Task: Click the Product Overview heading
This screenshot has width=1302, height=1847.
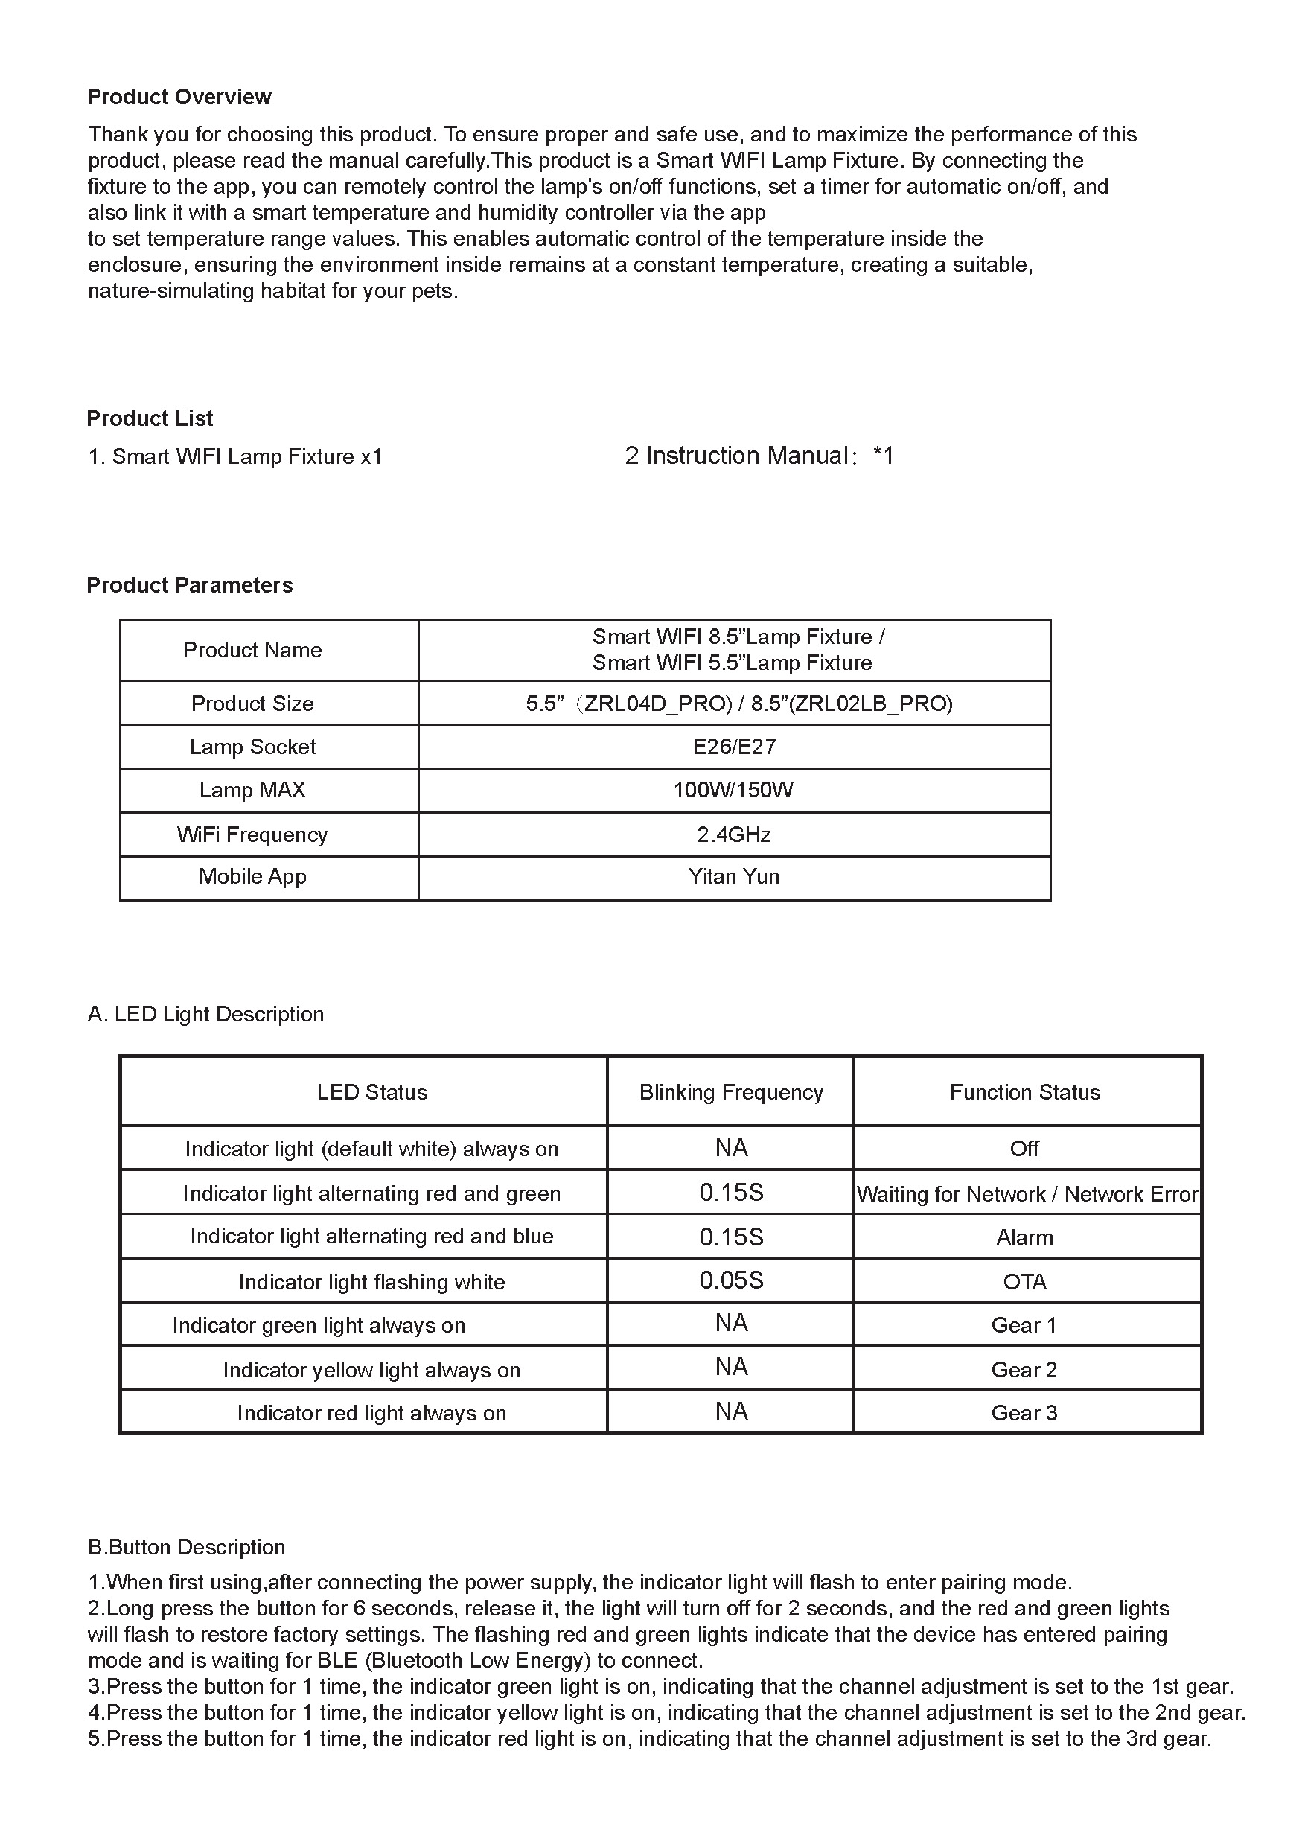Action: click(x=179, y=98)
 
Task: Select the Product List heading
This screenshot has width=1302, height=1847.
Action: click(x=150, y=418)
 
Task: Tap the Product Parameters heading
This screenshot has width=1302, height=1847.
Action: click(x=189, y=585)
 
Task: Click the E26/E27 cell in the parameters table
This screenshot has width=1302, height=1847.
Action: click(x=733, y=747)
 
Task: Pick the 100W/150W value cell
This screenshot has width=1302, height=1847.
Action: click(x=733, y=790)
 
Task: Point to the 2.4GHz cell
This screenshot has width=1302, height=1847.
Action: click(x=733, y=835)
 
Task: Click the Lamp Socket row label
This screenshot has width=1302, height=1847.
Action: click(x=252, y=747)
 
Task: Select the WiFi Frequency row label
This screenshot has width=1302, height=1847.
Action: click(x=252, y=835)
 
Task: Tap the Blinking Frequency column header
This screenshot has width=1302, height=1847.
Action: click(x=730, y=1091)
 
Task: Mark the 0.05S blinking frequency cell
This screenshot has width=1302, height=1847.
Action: click(x=730, y=1280)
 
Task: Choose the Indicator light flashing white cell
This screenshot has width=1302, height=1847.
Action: click(x=371, y=1281)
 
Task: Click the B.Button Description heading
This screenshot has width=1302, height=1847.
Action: click(x=187, y=1547)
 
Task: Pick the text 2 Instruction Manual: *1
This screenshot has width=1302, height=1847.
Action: click(x=759, y=456)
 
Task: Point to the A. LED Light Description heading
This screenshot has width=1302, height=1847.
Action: click(x=206, y=1014)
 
